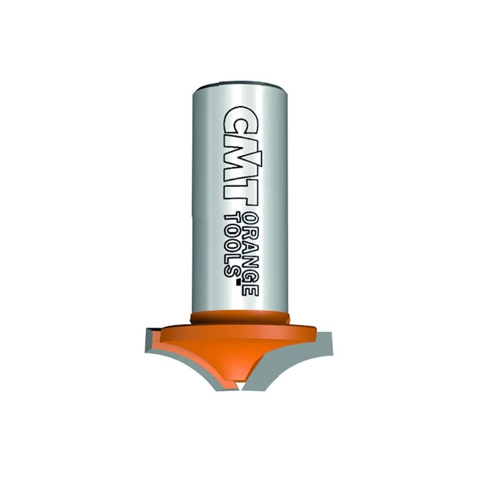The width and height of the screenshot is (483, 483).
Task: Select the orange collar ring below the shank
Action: point(240,318)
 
